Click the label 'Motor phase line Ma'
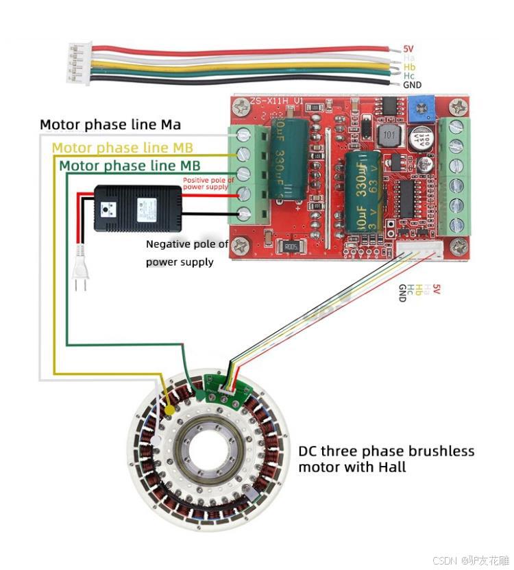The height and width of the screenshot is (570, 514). (x=110, y=125)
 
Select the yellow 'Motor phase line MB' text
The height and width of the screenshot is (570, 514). (x=122, y=147)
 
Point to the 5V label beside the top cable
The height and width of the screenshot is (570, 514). (x=408, y=49)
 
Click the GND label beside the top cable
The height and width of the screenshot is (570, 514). (x=412, y=85)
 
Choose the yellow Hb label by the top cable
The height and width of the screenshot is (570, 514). (x=409, y=67)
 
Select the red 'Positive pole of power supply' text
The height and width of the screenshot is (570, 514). (x=208, y=183)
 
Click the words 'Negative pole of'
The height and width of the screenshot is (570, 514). (x=187, y=244)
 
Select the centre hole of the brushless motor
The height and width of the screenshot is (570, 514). (x=209, y=452)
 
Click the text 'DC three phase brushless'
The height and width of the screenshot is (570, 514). (x=386, y=451)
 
